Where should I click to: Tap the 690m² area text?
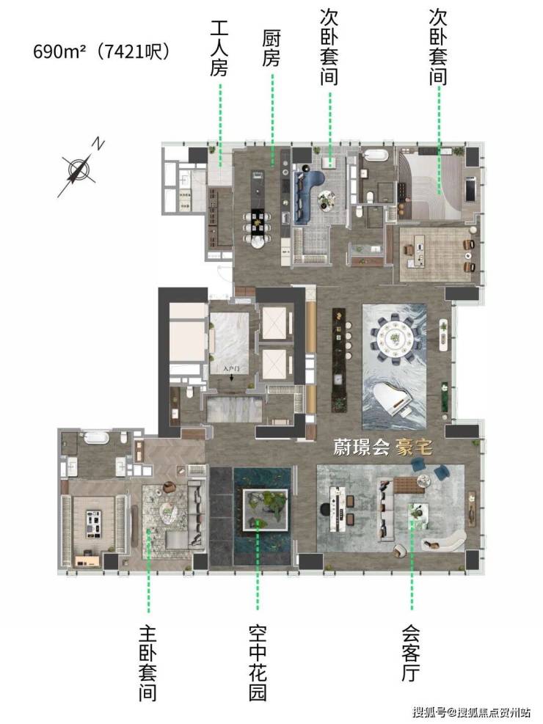(59, 51)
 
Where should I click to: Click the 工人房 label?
(219, 48)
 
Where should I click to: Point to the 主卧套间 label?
(147, 662)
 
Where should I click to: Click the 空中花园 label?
(258, 662)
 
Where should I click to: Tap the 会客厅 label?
(411, 654)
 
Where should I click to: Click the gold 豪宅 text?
(414, 447)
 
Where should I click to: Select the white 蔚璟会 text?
(362, 447)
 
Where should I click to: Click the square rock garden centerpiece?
(266, 510)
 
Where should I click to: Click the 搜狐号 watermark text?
(430, 712)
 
